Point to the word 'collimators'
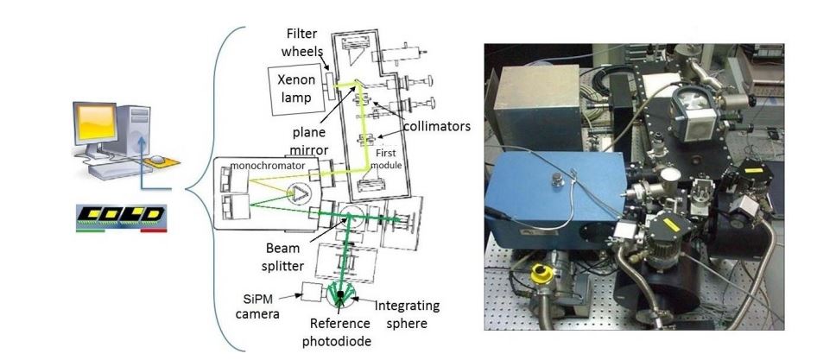437,125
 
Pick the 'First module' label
387,160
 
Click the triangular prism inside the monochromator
299,194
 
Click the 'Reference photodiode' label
337,332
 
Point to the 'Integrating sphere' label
407,314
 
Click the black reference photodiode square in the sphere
340,294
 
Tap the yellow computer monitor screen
95,122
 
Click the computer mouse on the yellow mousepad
157,158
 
